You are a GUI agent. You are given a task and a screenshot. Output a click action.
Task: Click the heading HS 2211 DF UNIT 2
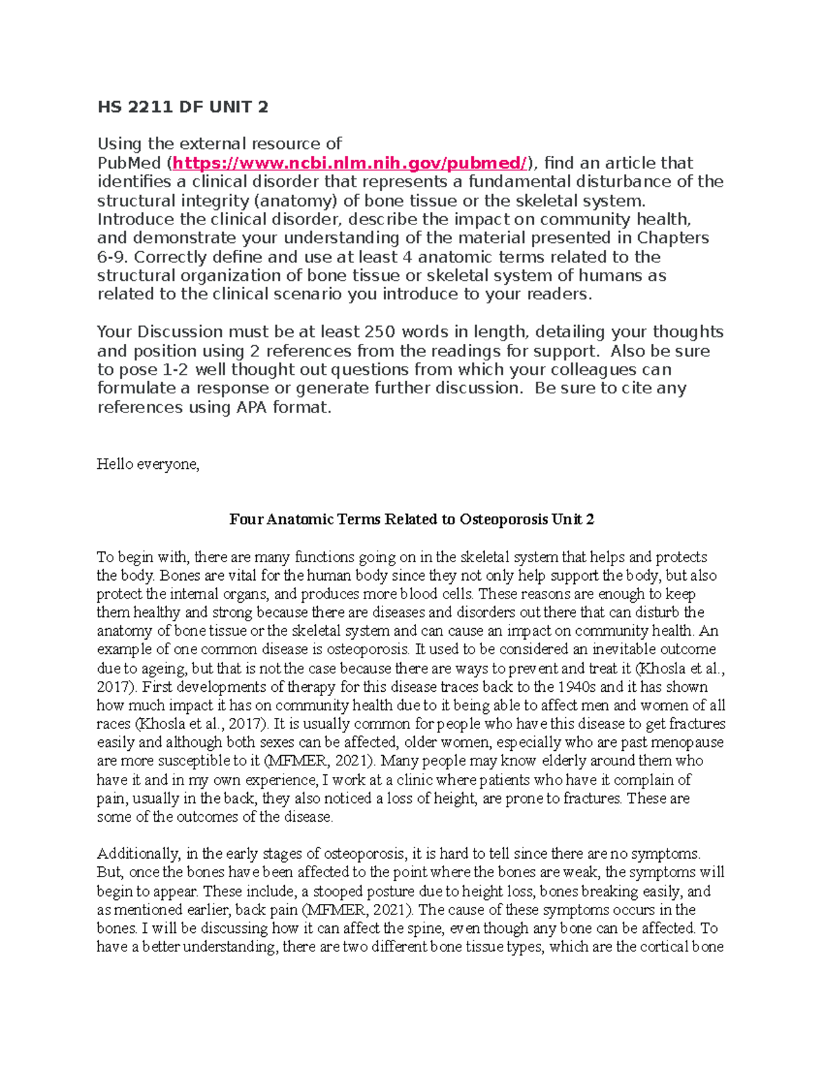[182, 106]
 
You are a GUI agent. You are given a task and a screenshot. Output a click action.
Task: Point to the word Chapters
[673, 238]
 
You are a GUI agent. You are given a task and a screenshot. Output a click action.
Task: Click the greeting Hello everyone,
[148, 465]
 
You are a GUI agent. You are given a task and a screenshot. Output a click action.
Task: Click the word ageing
[163, 669]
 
